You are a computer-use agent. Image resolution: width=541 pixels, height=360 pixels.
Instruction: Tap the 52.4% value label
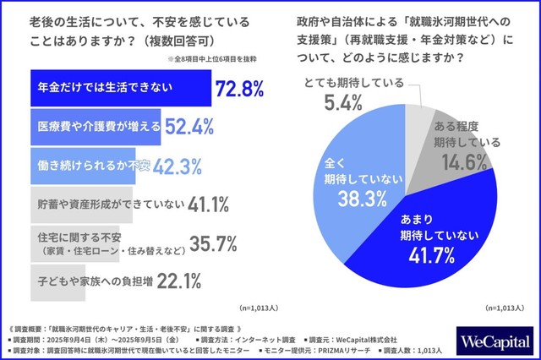coord(207,126)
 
